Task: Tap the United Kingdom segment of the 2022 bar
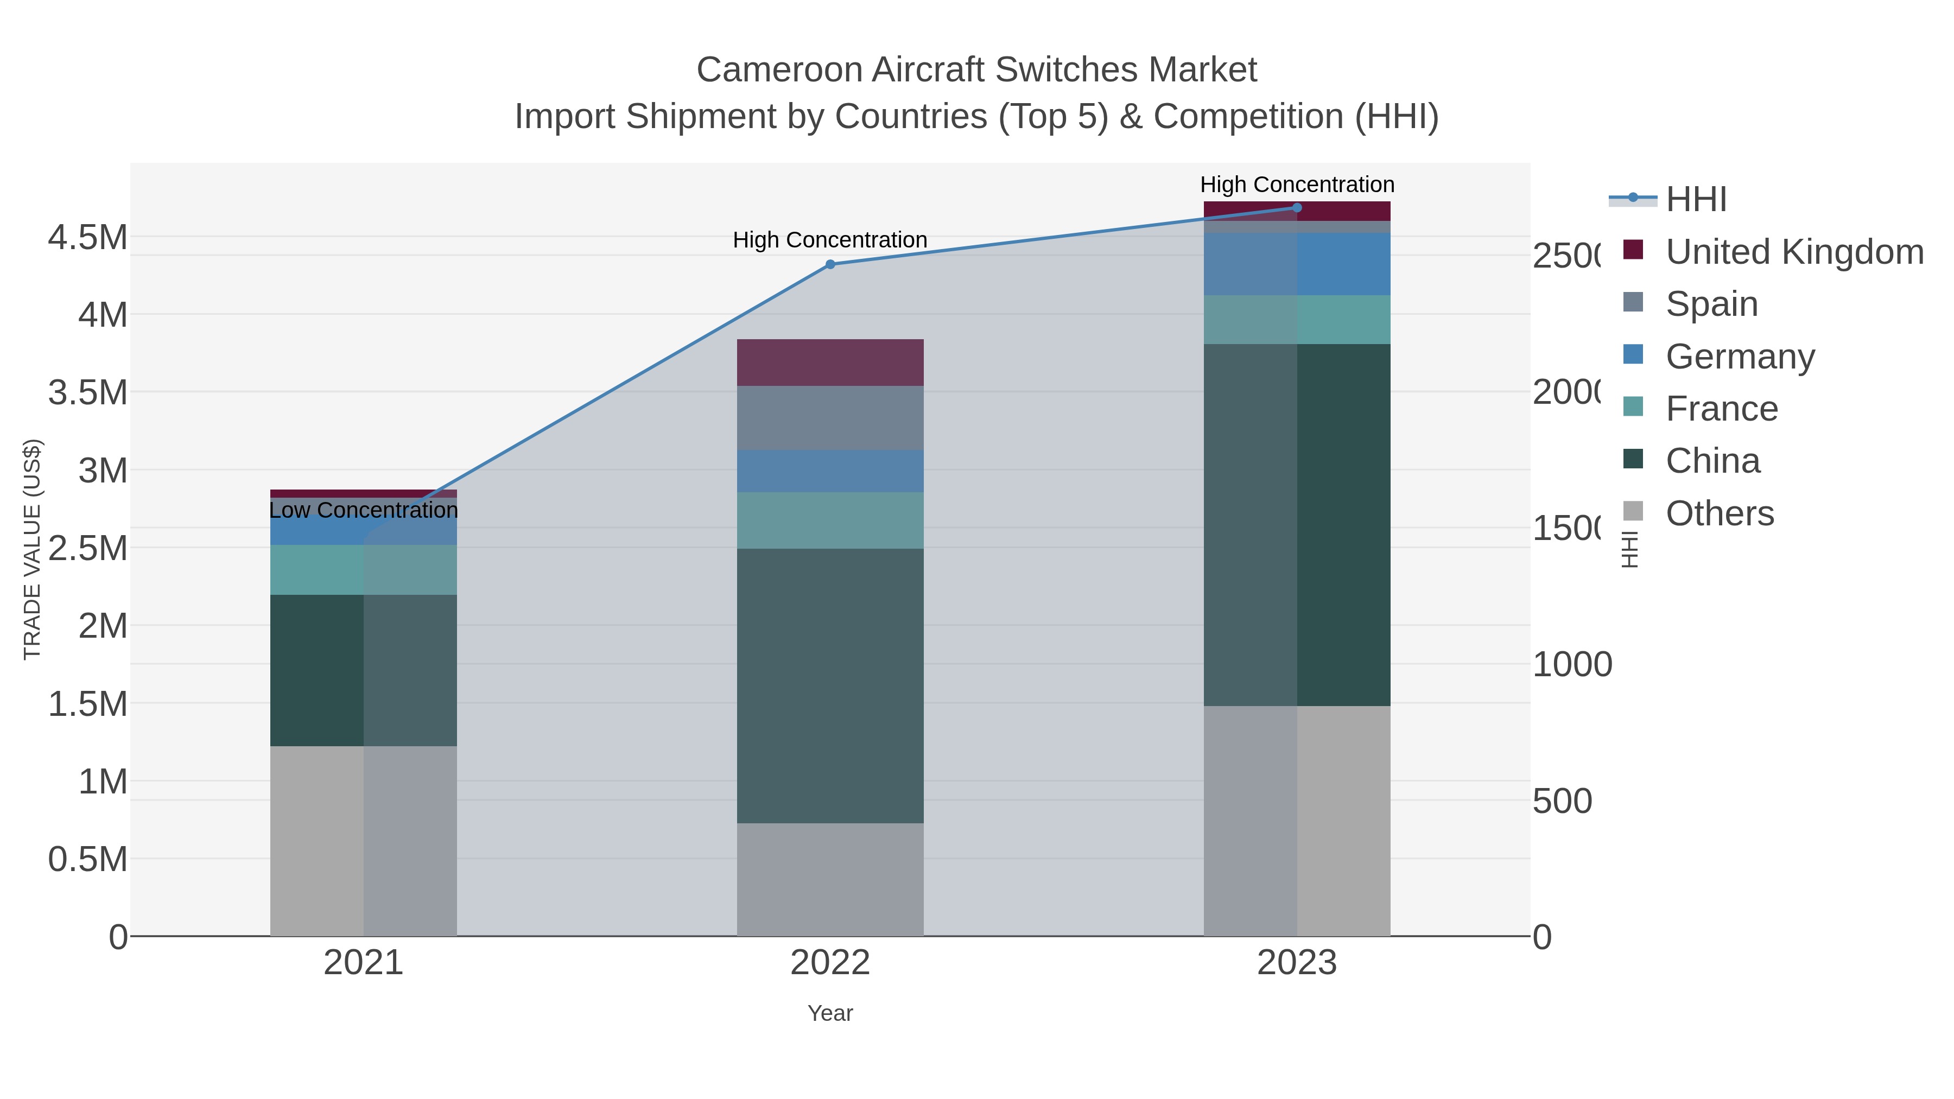tap(830, 362)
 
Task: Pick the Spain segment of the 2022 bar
tap(830, 417)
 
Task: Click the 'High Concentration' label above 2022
tap(830, 240)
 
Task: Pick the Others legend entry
tap(1719, 513)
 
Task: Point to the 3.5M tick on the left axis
tap(87, 393)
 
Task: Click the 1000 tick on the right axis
tap(1572, 664)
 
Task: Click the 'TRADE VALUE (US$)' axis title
tap(32, 549)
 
